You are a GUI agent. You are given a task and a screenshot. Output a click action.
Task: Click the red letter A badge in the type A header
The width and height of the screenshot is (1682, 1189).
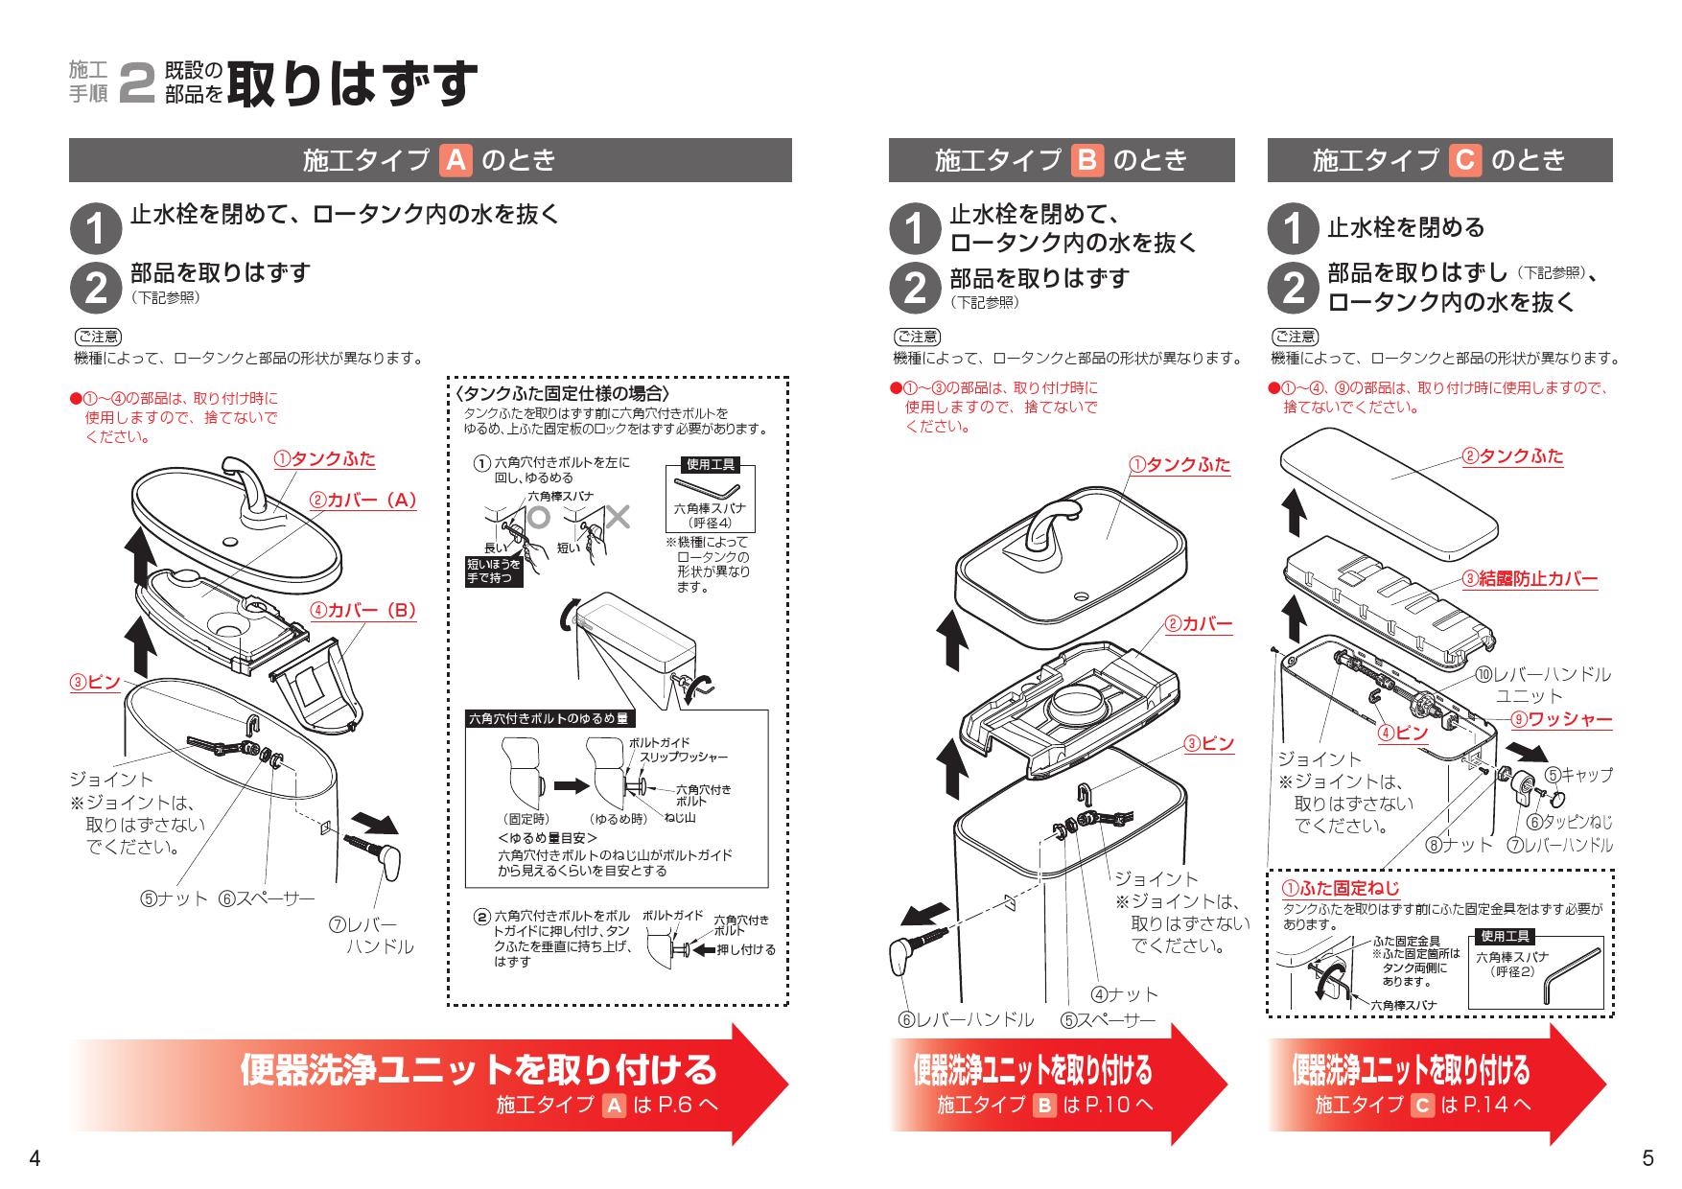pos(456,160)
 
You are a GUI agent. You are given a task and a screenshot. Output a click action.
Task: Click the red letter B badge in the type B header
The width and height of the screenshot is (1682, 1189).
pos(1086,160)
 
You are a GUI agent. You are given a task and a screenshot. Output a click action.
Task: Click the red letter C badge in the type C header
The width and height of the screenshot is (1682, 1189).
pos(1464,160)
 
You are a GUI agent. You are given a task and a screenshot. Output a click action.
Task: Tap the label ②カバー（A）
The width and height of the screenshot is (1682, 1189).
pos(362,500)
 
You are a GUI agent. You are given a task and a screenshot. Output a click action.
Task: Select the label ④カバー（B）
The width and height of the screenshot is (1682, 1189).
pos(362,611)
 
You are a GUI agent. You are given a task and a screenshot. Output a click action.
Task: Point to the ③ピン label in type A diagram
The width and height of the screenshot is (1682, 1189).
pos(94,682)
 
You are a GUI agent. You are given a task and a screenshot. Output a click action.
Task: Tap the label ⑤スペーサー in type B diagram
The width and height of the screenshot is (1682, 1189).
pos(1108,1020)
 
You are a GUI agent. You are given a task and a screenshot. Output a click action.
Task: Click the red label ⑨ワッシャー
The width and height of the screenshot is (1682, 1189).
pos(1562,719)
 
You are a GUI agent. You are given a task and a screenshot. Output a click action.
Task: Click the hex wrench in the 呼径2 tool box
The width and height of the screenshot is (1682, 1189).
pos(1571,973)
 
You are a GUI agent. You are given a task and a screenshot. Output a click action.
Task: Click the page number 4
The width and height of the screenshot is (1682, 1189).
pos(35,1158)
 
